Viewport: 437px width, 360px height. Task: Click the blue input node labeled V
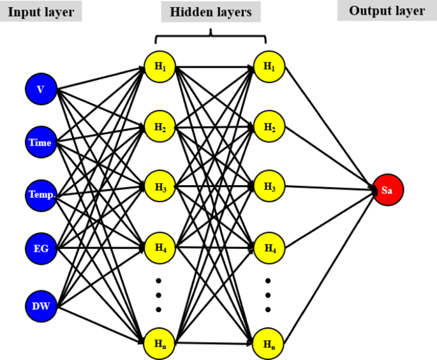pyautogui.click(x=41, y=89)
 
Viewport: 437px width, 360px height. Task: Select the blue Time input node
pyautogui.click(x=41, y=142)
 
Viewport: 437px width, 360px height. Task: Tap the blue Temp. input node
pyautogui.click(x=41, y=195)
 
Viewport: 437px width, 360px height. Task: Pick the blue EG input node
pyautogui.click(x=41, y=248)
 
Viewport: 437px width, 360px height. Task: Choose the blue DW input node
pyautogui.click(x=41, y=306)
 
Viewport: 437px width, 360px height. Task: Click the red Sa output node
pyautogui.click(x=388, y=190)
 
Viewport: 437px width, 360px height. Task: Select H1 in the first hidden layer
pyautogui.click(x=160, y=66)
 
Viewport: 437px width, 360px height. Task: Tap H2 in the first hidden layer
pyautogui.click(x=160, y=127)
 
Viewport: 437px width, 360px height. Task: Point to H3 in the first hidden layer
pyautogui.click(x=160, y=187)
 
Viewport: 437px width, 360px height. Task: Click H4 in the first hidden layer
pyautogui.click(x=160, y=247)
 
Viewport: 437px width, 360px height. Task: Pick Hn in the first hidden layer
pyautogui.click(x=160, y=344)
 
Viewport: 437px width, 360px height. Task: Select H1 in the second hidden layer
pyautogui.click(x=269, y=66)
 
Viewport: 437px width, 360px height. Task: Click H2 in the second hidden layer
pyautogui.click(x=269, y=127)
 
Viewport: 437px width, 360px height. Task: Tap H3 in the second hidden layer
pyautogui.click(x=269, y=187)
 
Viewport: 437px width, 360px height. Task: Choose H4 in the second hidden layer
pyautogui.click(x=269, y=247)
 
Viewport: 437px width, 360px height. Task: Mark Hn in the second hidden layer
pyautogui.click(x=269, y=344)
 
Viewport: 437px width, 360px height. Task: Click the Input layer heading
pyautogui.click(x=41, y=11)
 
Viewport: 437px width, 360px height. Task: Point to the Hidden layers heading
pyautogui.click(x=211, y=11)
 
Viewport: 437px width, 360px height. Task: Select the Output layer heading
pyautogui.click(x=387, y=11)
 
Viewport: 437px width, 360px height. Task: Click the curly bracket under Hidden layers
pyautogui.click(x=211, y=34)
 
